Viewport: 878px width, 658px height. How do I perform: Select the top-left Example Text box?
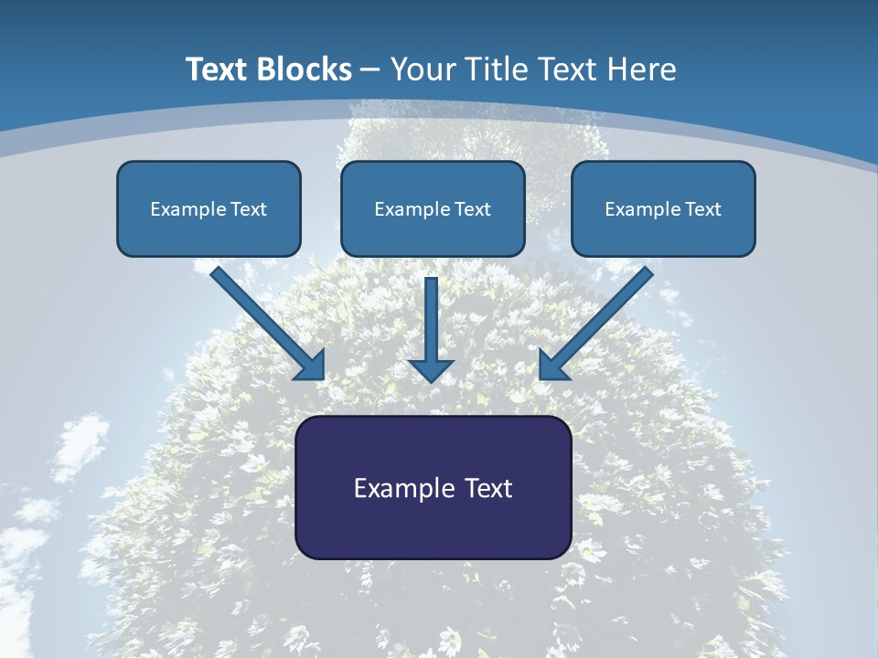(209, 208)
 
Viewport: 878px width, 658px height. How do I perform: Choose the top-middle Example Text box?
(433, 208)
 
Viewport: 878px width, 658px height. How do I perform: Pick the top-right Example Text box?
(663, 208)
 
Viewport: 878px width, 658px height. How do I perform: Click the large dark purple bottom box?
(433, 487)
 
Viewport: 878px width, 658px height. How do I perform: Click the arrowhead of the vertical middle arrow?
(431, 370)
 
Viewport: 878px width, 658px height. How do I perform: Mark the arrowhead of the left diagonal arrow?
(312, 366)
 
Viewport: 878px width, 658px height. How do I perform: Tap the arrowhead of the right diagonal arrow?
(551, 366)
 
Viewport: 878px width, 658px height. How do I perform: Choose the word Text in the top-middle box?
(472, 209)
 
